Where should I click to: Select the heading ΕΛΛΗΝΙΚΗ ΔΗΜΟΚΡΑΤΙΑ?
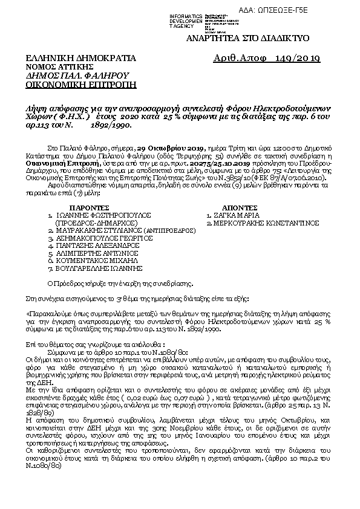[x=73, y=58]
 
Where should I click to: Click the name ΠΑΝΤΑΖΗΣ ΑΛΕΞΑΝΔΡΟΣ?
[x=94, y=247]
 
